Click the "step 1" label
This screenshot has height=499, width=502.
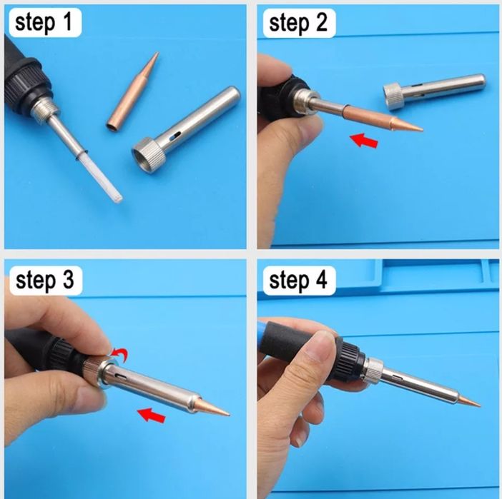click(x=45, y=23)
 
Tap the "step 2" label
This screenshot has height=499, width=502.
click(x=299, y=23)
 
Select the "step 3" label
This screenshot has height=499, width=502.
click(x=46, y=281)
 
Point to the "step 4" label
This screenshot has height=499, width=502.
click(x=299, y=281)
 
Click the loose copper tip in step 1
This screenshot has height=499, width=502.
click(x=132, y=92)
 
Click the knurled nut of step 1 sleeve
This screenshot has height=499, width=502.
click(x=149, y=156)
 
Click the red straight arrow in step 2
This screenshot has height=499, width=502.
click(x=364, y=141)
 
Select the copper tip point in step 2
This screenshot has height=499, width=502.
click(x=423, y=129)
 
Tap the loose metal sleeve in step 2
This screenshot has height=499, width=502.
click(x=435, y=91)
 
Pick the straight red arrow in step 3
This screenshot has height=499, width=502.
click(x=151, y=415)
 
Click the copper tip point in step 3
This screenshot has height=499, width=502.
click(x=229, y=415)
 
